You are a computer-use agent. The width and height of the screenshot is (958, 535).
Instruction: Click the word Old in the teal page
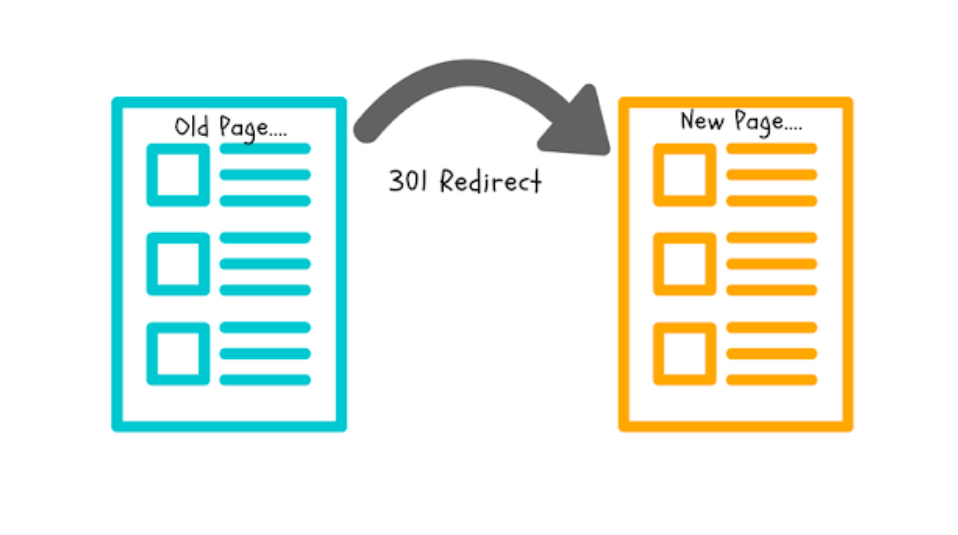[192, 127]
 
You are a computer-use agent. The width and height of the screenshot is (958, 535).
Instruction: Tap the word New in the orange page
[701, 122]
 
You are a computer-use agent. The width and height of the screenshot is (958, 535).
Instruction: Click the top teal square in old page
[178, 175]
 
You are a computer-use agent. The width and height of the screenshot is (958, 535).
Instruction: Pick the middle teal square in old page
[178, 264]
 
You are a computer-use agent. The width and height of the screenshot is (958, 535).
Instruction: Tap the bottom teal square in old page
[178, 353]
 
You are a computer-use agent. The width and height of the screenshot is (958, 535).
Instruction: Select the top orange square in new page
[685, 175]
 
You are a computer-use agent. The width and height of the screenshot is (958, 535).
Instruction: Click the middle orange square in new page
[685, 264]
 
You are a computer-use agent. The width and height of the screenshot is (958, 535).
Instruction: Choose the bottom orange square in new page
[685, 353]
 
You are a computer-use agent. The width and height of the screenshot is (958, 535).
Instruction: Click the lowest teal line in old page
[265, 379]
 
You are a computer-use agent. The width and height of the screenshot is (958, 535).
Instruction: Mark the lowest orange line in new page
[772, 379]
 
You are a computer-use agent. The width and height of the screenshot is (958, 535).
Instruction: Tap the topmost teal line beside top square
[265, 149]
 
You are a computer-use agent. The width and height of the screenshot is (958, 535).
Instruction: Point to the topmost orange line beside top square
[772, 149]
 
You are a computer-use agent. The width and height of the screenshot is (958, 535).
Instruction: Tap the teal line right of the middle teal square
[265, 264]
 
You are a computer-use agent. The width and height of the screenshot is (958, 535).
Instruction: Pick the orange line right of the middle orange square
[772, 264]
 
